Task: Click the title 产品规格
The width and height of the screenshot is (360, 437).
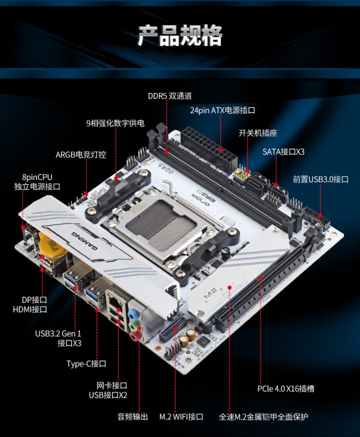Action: point(180,35)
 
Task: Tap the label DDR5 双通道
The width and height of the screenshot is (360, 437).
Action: point(169,96)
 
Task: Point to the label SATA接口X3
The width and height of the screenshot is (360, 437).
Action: point(283,151)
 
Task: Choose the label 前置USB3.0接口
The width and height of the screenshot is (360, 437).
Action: point(320,179)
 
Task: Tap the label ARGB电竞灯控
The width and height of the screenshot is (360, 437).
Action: point(80,154)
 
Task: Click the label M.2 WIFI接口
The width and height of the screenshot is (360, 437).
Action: point(181,416)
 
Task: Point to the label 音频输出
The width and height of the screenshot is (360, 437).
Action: point(133,416)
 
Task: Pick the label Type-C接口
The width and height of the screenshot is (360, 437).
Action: point(86,363)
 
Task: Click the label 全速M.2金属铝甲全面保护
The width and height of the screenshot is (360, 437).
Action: point(263,416)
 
